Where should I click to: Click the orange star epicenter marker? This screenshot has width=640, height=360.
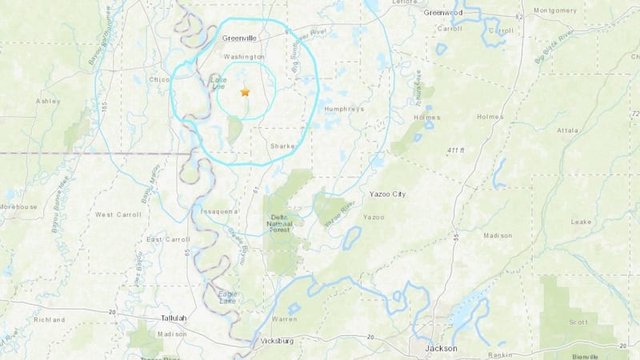point(246,93)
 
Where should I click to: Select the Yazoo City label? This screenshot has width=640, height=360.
point(388,194)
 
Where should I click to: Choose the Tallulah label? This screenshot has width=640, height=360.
point(170,318)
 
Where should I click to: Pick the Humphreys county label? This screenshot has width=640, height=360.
point(345,110)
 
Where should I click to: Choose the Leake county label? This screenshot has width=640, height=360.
point(581,222)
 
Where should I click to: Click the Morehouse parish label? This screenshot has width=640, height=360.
point(18,206)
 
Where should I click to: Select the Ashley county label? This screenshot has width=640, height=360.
point(48,102)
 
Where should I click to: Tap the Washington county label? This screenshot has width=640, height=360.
point(244,57)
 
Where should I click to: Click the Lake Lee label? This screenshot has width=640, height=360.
point(218,83)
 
